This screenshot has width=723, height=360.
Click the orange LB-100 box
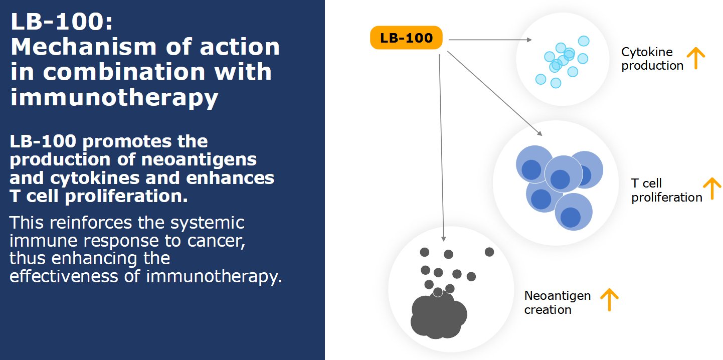(406, 38)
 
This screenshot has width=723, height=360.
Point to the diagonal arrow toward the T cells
(494, 93)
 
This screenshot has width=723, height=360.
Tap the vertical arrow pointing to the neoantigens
(441, 145)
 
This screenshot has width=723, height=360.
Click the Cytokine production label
(652, 59)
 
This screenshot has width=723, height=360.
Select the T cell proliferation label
(666, 191)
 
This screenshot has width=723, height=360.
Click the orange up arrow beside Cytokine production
(695, 58)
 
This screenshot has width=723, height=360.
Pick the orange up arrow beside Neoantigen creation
(609, 300)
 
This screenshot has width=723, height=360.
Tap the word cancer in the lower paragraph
(220, 241)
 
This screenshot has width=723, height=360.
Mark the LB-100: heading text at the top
(63, 23)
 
